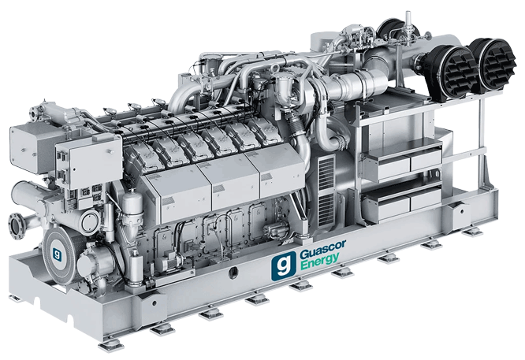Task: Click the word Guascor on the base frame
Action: pyautogui.click(x=322, y=248)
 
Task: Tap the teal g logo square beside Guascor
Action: pyautogui.click(x=284, y=265)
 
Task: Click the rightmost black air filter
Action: pyautogui.click(x=494, y=65)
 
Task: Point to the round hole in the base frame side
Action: pyautogui.click(x=233, y=273)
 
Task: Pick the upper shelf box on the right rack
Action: pyautogui.click(x=403, y=160)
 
